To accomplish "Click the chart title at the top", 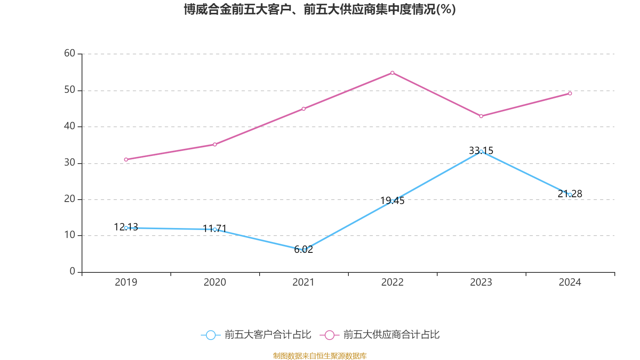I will coord(320,9).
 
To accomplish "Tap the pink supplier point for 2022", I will coord(392,73).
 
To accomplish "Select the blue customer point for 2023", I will coord(481,152).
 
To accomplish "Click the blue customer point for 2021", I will coord(304,250).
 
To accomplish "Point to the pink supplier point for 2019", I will coord(126,159).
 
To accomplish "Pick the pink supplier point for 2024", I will coord(570,93).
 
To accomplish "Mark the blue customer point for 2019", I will coord(126,228).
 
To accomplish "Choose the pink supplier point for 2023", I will coord(481,116).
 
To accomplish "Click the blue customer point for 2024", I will coord(570,194).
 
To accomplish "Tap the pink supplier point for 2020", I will coord(215,144).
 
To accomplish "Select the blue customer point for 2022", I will coord(392,201).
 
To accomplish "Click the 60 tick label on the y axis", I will coord(70,53).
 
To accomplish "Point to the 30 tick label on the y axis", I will coord(70,162).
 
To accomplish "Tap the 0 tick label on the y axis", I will coord(72,272).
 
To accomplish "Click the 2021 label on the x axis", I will coord(304,282).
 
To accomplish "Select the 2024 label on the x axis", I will coord(570,282).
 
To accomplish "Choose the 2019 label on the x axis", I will coord(126,282).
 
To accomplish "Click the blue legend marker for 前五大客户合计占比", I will coord(210,335).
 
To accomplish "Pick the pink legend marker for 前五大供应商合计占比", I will coord(329,335).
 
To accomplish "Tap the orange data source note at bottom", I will coord(320,356).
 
